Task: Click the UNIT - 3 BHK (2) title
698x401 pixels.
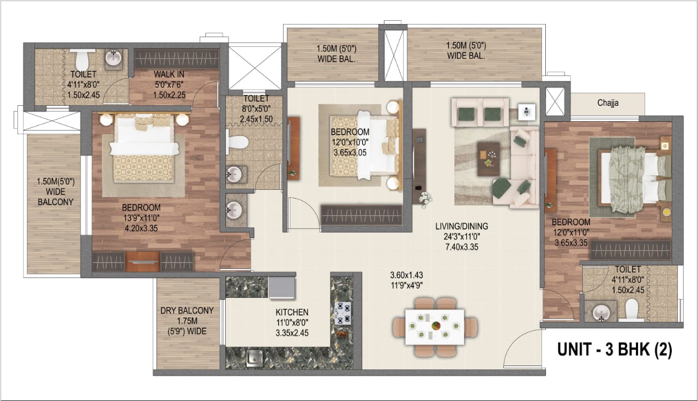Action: (x=615, y=350)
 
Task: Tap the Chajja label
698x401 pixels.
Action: (x=608, y=103)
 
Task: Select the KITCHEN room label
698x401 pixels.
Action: (x=292, y=312)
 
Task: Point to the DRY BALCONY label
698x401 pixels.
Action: (x=187, y=310)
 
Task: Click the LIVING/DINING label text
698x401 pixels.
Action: (x=462, y=226)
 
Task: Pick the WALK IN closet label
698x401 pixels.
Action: (x=169, y=74)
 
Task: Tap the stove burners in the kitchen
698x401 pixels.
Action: (x=343, y=313)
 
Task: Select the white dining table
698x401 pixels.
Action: (x=435, y=327)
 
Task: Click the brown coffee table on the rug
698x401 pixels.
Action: (x=489, y=159)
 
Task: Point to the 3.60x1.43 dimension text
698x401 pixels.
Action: (x=406, y=276)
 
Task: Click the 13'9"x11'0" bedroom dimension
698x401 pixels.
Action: (x=141, y=218)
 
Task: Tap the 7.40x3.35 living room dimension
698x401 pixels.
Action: (x=462, y=247)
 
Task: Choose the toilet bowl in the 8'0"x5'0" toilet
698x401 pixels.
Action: (x=237, y=142)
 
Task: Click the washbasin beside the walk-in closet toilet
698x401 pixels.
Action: (x=113, y=58)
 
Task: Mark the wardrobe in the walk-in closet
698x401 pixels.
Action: (x=177, y=58)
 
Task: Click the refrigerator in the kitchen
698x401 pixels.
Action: (x=282, y=288)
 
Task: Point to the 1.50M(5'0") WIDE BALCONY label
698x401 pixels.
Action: (x=56, y=191)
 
